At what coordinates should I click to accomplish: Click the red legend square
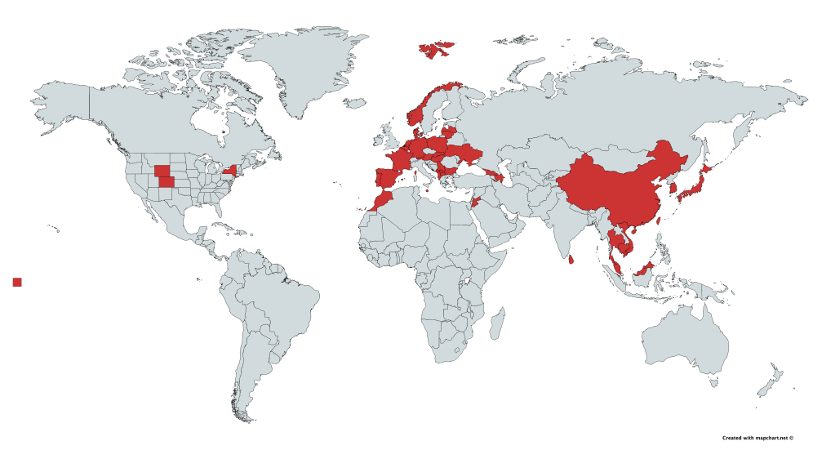17,282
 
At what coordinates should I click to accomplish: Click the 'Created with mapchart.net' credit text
757,438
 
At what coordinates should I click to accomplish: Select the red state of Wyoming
162,171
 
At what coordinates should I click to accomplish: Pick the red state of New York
229,172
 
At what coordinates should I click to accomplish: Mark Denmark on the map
416,131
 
